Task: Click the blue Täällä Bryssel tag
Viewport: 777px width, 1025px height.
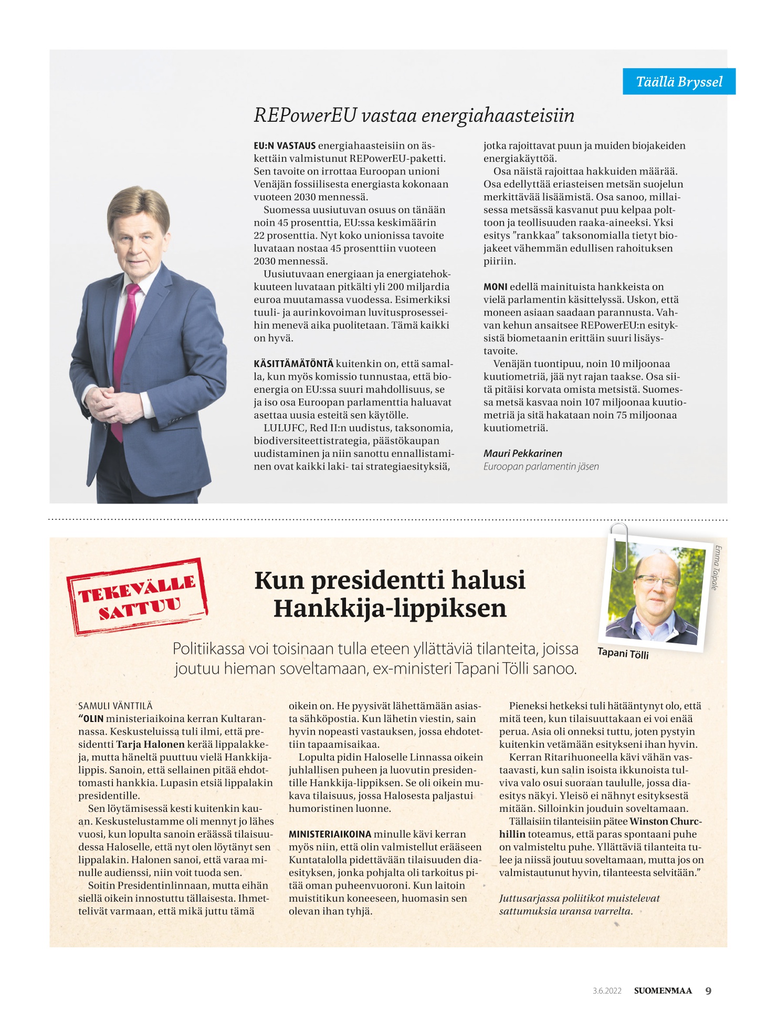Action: pos(679,82)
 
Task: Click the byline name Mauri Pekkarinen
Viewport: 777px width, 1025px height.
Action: pos(522,453)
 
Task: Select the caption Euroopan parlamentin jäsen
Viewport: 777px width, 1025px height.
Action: pos(541,466)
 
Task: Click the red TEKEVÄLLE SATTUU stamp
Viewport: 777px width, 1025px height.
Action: pos(137,597)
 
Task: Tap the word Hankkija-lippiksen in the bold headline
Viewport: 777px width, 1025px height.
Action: pos(390,609)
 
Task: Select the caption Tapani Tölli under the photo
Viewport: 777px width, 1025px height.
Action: pos(623,653)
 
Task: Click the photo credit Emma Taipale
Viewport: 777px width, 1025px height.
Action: pos(716,568)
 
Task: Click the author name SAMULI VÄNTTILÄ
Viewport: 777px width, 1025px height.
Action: pos(115,706)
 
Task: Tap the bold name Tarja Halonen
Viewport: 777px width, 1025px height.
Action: pos(150,744)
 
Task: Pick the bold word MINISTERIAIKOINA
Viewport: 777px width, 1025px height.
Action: pos(330,834)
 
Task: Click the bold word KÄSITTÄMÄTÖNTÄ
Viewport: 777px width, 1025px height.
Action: pos(293,364)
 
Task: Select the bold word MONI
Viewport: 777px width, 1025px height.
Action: pos(495,287)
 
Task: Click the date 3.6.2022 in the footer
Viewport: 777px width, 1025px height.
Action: pos(607,991)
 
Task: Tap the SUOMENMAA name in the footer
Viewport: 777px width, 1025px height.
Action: pos(663,991)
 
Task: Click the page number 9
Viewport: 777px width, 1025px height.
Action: pos(708,991)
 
